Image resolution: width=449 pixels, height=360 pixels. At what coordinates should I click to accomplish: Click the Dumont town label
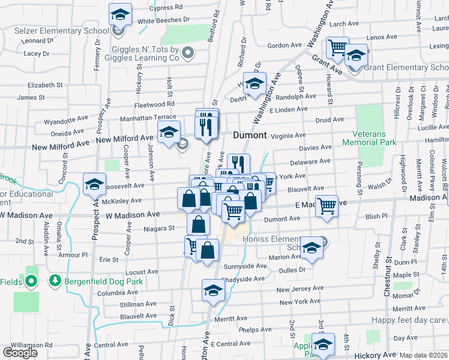pyautogui.click(x=250, y=135)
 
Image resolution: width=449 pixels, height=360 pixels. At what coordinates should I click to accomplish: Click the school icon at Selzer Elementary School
pyautogui.click(x=120, y=14)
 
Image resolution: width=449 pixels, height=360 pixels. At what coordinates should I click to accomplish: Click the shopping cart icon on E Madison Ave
pyautogui.click(x=327, y=206)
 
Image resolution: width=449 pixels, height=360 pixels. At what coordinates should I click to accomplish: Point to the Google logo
pyautogui.click(x=20, y=352)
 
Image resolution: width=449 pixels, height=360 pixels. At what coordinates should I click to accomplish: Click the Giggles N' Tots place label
pyautogui.click(x=146, y=53)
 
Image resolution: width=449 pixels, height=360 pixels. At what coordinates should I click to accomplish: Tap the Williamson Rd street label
pyautogui.click(x=31, y=345)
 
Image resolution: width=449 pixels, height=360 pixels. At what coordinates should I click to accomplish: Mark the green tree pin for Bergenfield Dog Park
pyautogui.click(x=55, y=280)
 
